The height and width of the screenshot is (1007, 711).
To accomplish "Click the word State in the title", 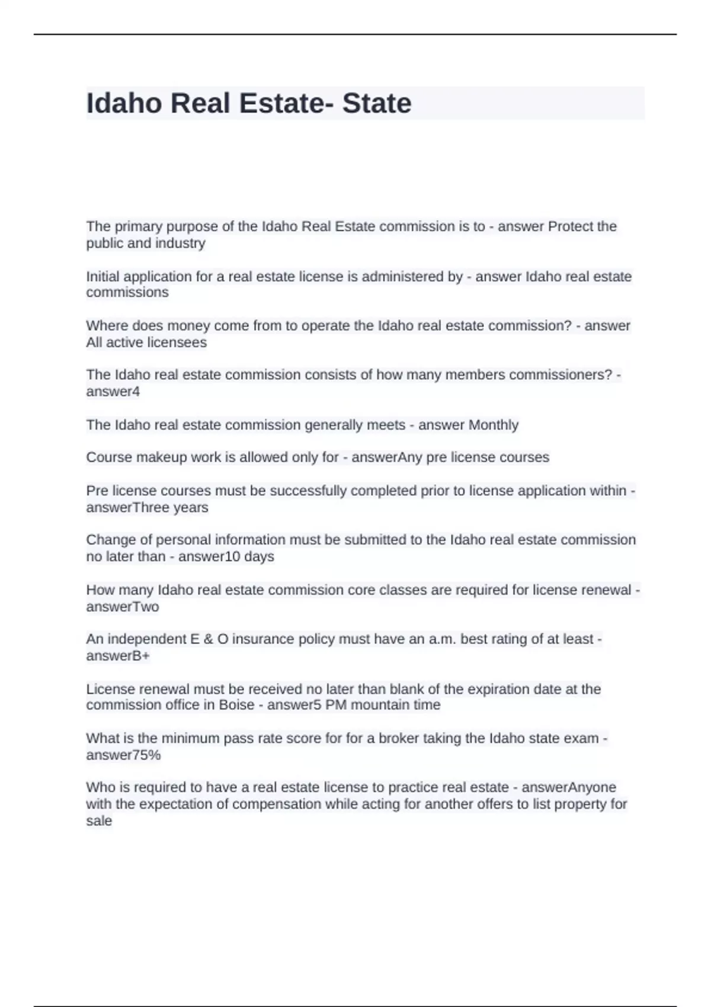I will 377,104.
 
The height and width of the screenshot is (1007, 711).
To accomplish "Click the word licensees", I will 177,342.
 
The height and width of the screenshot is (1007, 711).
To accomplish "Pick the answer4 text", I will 113,392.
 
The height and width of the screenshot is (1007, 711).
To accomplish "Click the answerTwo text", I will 123,607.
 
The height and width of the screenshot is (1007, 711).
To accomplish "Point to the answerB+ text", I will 118,656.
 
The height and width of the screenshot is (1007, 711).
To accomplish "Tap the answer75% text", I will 123,755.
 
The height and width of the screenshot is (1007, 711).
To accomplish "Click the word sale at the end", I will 99,821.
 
